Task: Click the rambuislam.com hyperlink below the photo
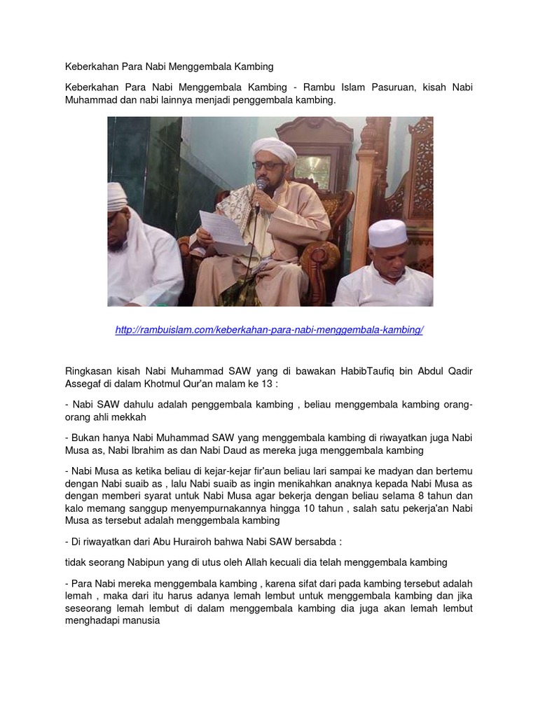(269, 330)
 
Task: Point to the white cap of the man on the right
(388, 233)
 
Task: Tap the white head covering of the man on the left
(118, 197)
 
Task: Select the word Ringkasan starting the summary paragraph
(89, 370)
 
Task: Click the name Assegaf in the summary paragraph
(85, 384)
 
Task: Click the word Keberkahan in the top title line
(89, 67)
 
